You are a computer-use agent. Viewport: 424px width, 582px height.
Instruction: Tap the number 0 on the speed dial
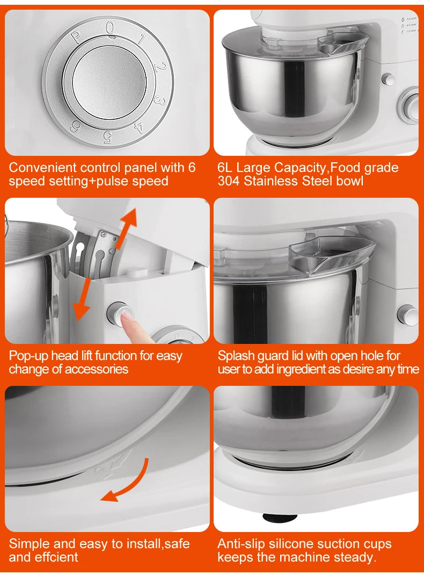click(109, 27)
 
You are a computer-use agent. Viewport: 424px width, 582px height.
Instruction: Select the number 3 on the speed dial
click(158, 100)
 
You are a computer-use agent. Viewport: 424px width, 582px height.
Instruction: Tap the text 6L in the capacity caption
click(225, 167)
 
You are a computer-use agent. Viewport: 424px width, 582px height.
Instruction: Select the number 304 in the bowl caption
click(229, 181)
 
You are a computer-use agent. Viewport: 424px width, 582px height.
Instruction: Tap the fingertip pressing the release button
click(127, 318)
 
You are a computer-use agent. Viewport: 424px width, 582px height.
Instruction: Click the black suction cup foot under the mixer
click(280, 518)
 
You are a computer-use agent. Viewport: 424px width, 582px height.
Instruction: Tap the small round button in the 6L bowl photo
click(388, 80)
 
